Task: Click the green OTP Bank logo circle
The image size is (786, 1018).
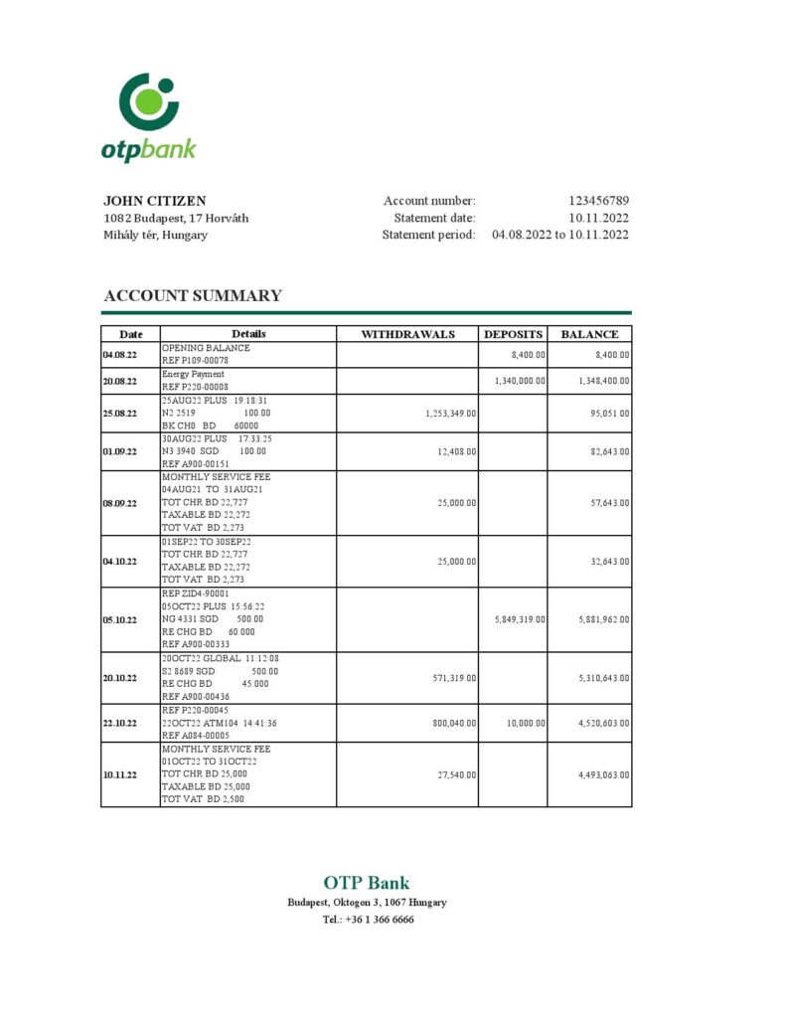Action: click(148, 101)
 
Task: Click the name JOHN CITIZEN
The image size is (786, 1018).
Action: click(155, 201)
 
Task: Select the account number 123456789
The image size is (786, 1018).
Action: click(598, 201)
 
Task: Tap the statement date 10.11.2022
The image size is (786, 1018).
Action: click(598, 218)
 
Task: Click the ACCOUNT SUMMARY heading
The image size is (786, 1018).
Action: click(193, 295)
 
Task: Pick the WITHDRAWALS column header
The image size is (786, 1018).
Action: click(407, 334)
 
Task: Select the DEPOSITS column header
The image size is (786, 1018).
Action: click(513, 334)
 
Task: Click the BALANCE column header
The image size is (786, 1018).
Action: click(589, 334)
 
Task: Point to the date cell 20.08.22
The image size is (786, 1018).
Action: click(119, 381)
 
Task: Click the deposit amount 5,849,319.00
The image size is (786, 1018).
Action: click(519, 619)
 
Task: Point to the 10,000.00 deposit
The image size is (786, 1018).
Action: click(526, 723)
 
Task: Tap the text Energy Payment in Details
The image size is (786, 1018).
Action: click(194, 375)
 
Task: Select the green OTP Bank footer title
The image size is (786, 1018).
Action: click(366, 883)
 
